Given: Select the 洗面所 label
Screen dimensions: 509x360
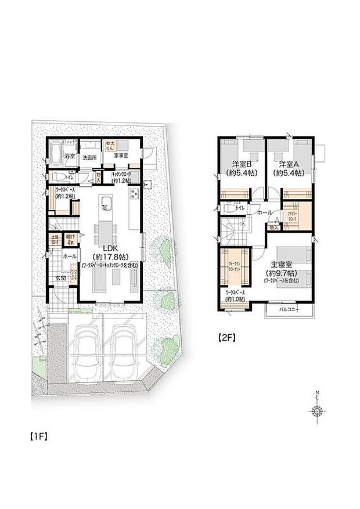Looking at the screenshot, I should coord(89,157).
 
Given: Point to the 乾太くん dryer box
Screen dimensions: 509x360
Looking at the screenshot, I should coord(110,145).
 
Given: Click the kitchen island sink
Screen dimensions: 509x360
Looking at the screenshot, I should coord(106,203).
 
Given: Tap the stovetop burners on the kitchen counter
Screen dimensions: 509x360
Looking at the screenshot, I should coord(134,193).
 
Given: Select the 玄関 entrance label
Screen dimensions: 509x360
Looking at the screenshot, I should coord(60,278).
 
